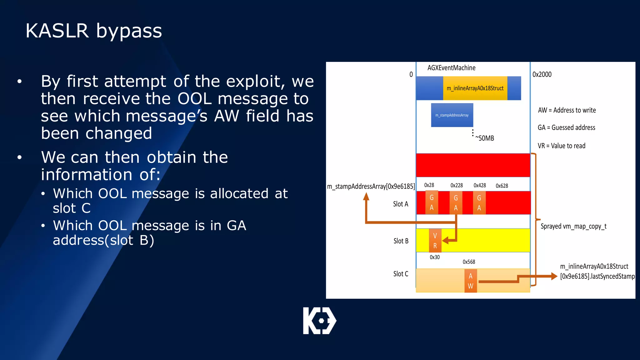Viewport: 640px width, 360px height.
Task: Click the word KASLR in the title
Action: click(57, 31)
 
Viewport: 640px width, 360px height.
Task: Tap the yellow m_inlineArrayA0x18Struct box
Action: click(475, 88)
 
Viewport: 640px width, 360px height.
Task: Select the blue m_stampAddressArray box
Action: click(452, 115)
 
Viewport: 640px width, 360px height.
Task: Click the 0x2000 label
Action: click(542, 74)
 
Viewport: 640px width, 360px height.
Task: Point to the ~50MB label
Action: click(485, 138)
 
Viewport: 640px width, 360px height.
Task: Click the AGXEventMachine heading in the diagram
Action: click(451, 68)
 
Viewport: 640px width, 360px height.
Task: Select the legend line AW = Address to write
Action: click(567, 110)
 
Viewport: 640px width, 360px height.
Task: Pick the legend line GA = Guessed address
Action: click(566, 127)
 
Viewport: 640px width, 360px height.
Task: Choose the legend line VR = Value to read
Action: click(561, 146)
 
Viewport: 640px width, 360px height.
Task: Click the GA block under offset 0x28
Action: click(432, 202)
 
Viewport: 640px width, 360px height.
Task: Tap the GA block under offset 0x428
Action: click(479, 203)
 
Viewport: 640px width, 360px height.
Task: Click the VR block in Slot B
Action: click(435, 241)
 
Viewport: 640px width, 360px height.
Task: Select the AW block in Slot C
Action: click(470, 281)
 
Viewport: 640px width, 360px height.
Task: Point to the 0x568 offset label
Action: click(469, 262)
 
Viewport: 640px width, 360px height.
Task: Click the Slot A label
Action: click(401, 204)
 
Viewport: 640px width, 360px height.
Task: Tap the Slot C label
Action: click(401, 274)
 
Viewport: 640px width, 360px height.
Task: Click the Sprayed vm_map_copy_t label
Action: click(573, 226)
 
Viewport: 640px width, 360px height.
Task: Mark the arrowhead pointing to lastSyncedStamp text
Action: click(554, 276)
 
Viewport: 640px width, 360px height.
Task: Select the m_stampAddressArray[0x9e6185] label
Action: click(371, 187)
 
